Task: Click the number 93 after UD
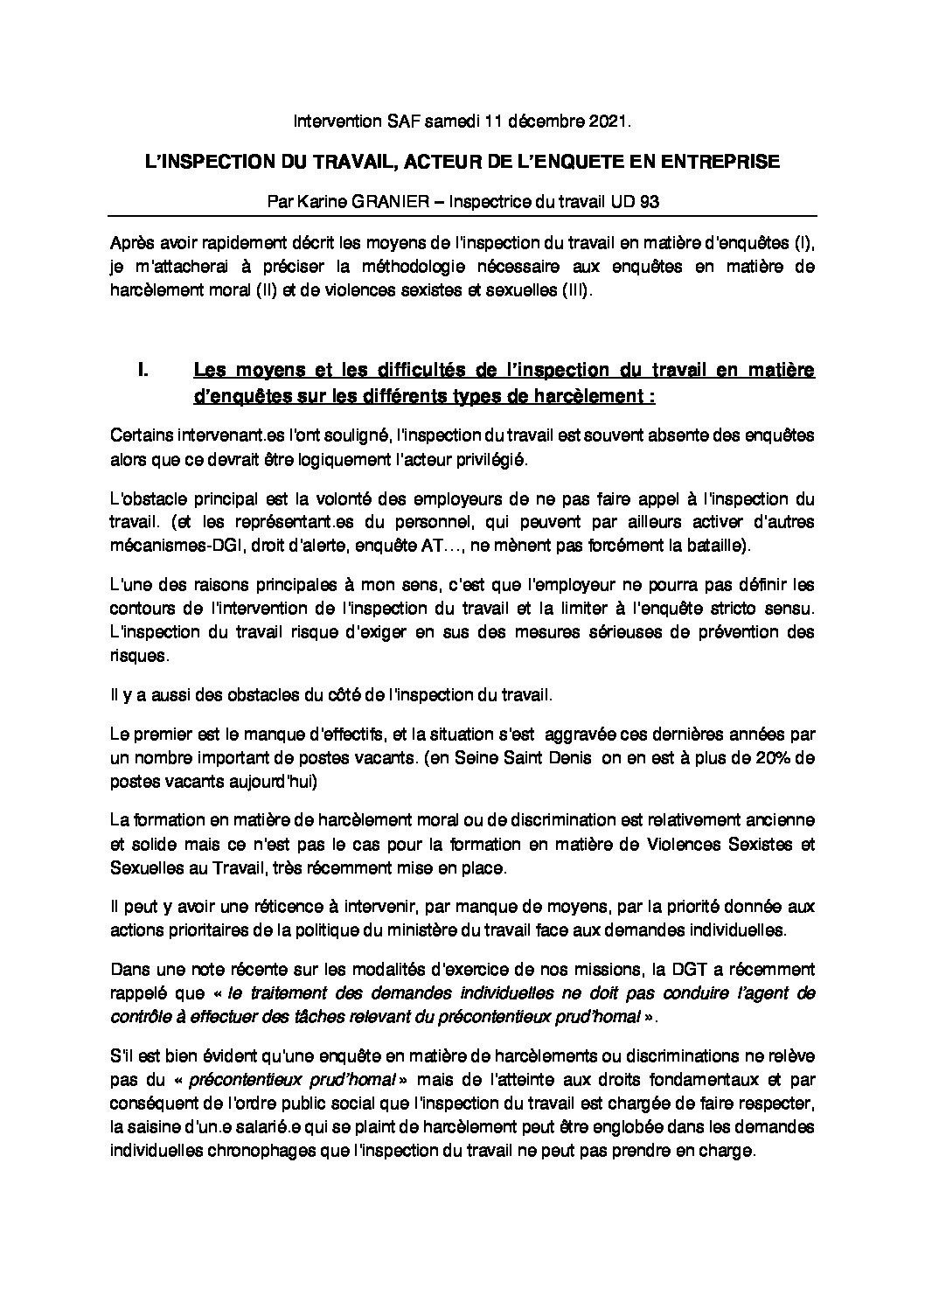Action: (x=649, y=201)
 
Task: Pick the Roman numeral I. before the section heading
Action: (x=144, y=371)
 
